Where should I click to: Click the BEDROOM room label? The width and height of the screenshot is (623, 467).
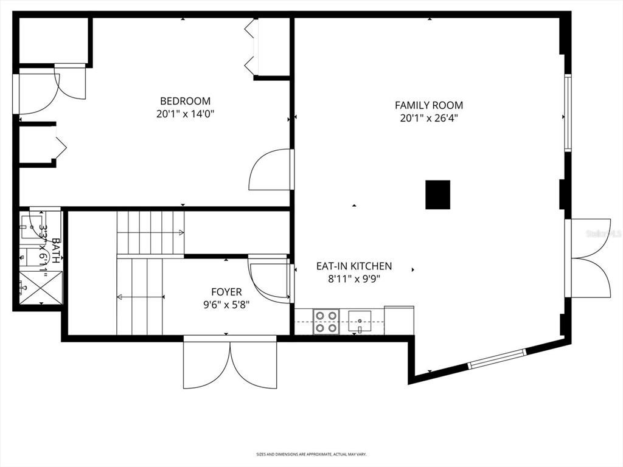185,101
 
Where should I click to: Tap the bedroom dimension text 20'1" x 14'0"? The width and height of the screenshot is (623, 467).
185,114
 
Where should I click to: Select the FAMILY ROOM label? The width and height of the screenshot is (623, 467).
428,105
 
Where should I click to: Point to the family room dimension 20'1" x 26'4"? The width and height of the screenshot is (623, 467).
428,119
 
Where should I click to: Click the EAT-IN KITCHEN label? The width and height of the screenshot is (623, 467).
353,266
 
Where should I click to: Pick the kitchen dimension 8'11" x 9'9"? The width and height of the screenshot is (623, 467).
353,280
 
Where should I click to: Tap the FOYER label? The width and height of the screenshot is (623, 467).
226,292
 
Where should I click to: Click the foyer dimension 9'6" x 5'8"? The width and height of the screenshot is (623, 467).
226,305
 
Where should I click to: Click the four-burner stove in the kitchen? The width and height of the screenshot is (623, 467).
325,321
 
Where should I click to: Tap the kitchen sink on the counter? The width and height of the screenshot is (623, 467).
361,320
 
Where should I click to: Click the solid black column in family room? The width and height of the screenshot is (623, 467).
437,195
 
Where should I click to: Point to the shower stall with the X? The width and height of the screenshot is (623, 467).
40,288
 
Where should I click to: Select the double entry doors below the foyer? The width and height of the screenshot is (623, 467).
230,363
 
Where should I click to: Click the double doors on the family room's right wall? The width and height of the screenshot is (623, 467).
589,258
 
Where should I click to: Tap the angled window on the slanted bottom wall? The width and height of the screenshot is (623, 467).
496,359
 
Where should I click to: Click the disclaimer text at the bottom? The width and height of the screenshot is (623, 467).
311,454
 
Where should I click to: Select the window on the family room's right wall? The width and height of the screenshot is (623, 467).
567,112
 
